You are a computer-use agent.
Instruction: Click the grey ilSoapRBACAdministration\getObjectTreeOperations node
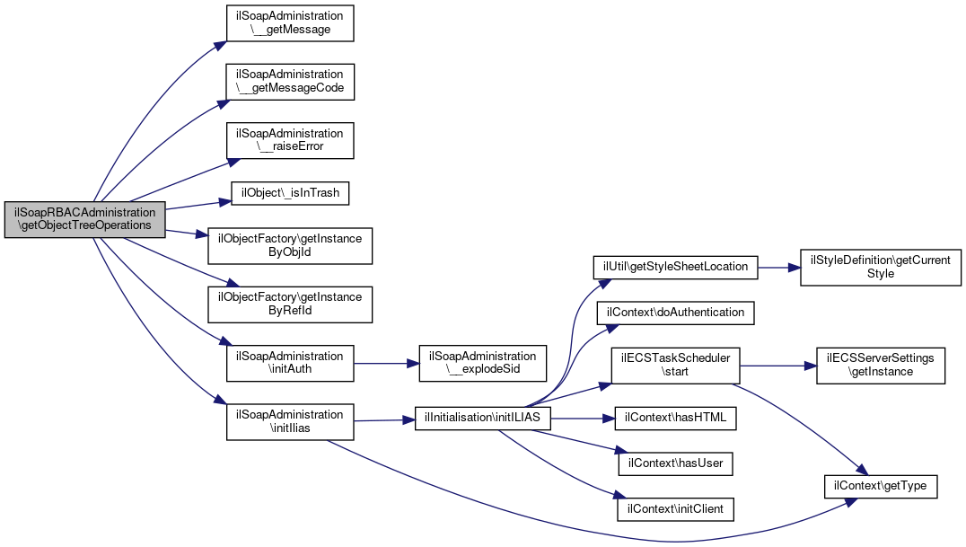[85, 219]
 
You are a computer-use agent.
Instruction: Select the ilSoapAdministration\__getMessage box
[290, 23]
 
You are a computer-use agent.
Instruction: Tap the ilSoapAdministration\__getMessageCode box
[290, 82]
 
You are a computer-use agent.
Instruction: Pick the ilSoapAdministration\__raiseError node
[290, 141]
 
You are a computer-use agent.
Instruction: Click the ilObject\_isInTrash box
[290, 193]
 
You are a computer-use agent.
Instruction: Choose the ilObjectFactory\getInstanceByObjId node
[290, 246]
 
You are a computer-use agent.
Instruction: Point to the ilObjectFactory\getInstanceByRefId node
[290, 304]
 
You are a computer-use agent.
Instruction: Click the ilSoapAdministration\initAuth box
[290, 363]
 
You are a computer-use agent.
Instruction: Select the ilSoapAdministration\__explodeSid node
[483, 363]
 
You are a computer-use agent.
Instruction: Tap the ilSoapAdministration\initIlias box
[290, 422]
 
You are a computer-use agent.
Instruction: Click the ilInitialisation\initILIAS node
[482, 419]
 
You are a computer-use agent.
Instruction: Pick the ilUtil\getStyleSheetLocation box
[676, 267]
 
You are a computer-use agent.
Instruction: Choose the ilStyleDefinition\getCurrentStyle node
[881, 268]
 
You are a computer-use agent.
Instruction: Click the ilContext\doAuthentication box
[676, 313]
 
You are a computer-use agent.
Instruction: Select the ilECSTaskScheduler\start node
[676, 365]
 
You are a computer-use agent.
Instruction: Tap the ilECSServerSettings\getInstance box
[881, 366]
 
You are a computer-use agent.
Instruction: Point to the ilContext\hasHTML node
[676, 419]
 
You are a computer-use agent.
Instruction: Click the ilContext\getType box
[881, 487]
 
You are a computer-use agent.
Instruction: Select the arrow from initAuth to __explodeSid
[386, 363]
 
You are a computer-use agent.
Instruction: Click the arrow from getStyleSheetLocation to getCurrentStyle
[778, 268]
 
